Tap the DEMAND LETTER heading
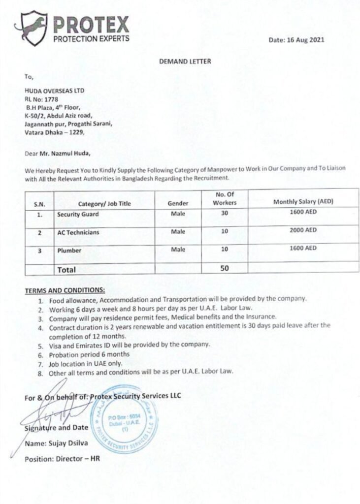pos(185,62)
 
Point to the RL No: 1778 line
pos(40,98)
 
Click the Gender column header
pos(178,203)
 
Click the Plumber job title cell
pos(69,251)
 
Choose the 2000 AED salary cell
pos(303,230)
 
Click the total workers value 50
pos(225,268)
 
